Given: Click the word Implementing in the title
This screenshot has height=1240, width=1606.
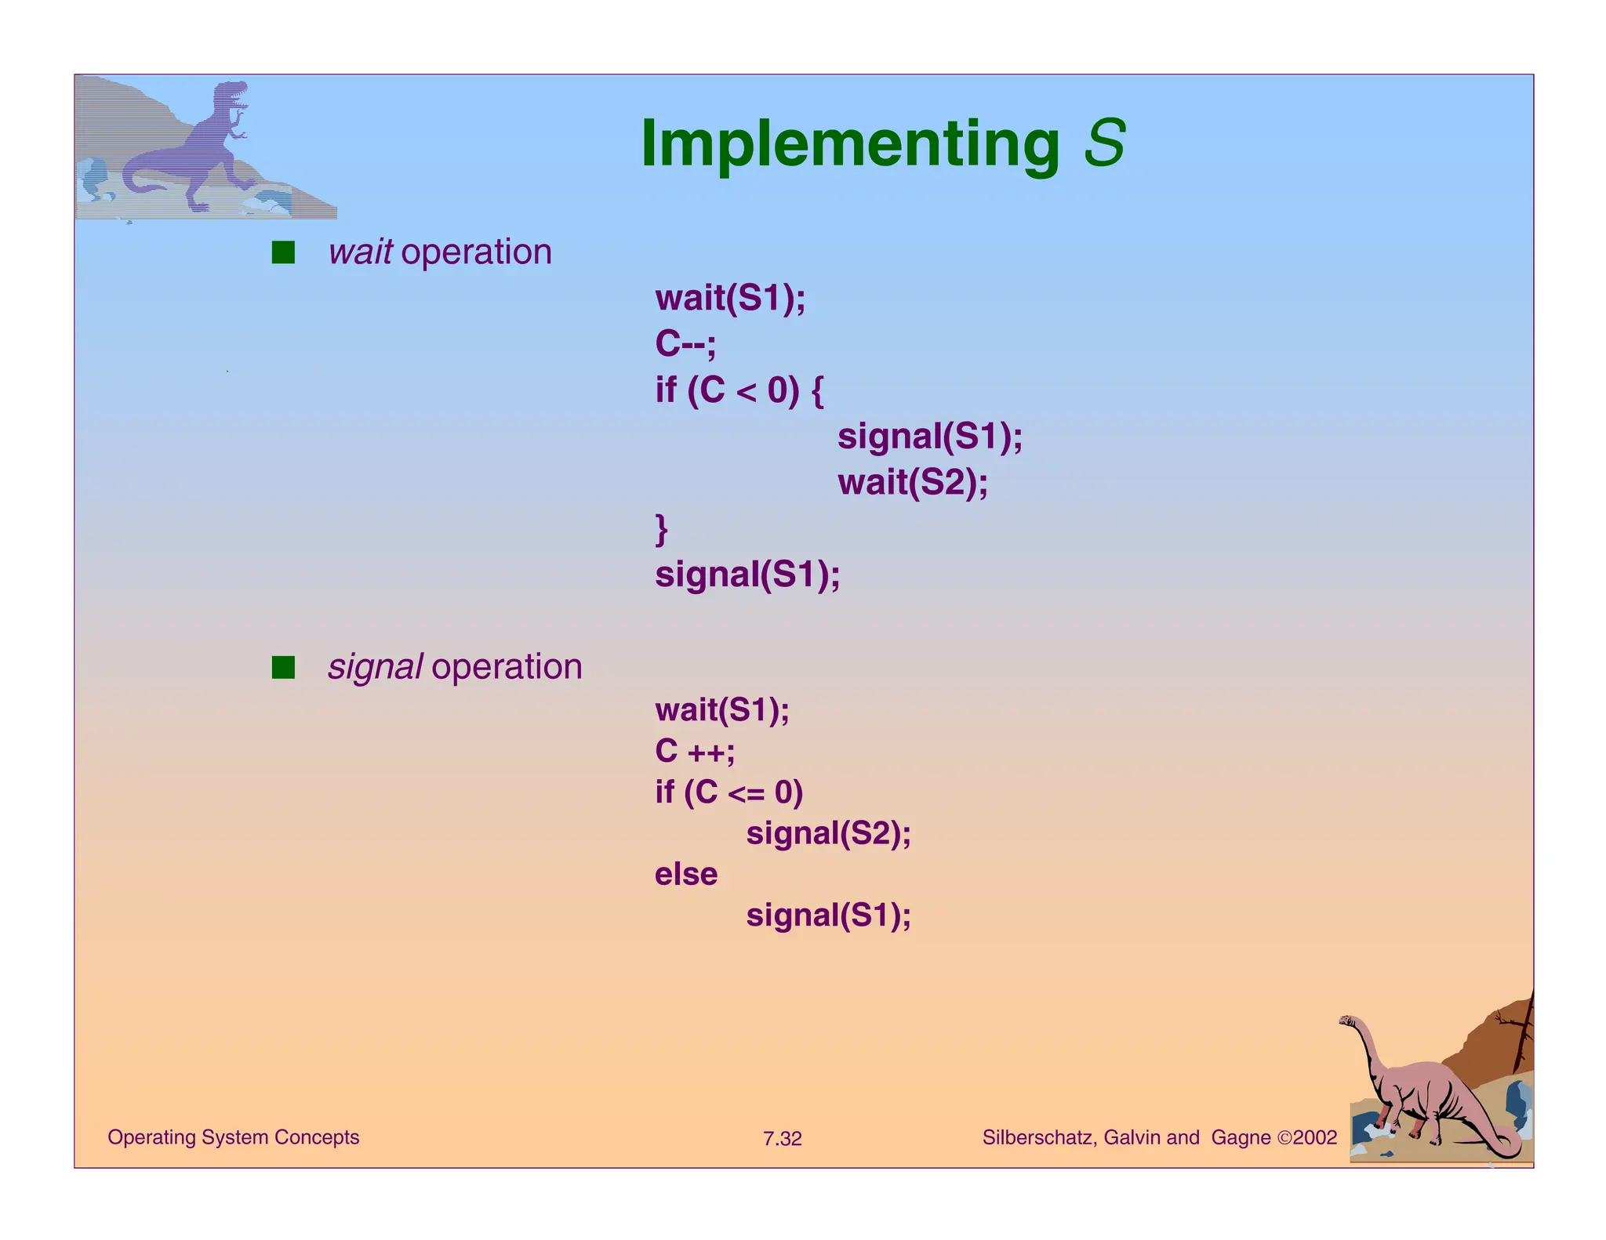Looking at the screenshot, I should (849, 144).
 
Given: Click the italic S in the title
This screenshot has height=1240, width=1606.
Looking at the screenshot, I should (1104, 144).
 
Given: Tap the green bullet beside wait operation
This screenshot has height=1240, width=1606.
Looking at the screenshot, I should (283, 252).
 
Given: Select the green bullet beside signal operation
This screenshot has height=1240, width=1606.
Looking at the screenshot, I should (283, 667).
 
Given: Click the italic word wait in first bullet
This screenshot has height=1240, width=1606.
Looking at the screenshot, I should (361, 252).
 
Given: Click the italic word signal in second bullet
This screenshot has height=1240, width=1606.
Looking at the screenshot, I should (376, 667).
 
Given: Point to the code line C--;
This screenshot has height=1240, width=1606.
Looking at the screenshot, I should (685, 343).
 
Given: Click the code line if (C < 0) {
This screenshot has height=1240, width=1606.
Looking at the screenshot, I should (739, 390).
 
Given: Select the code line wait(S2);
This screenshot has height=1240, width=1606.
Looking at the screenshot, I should (912, 482).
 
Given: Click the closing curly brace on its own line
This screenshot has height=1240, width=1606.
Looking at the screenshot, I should (662, 528).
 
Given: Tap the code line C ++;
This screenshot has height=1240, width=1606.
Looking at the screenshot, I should (695, 751).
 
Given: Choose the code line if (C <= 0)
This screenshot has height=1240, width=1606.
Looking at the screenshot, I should (729, 792).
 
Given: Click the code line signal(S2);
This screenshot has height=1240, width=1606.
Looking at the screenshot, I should (828, 833).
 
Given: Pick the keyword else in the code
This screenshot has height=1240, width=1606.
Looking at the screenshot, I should (686, 874).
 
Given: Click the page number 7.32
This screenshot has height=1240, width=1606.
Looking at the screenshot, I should (782, 1139).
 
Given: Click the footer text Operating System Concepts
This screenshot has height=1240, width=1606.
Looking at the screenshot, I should (233, 1137).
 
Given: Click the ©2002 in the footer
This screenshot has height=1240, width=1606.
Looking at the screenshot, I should (1306, 1137).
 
